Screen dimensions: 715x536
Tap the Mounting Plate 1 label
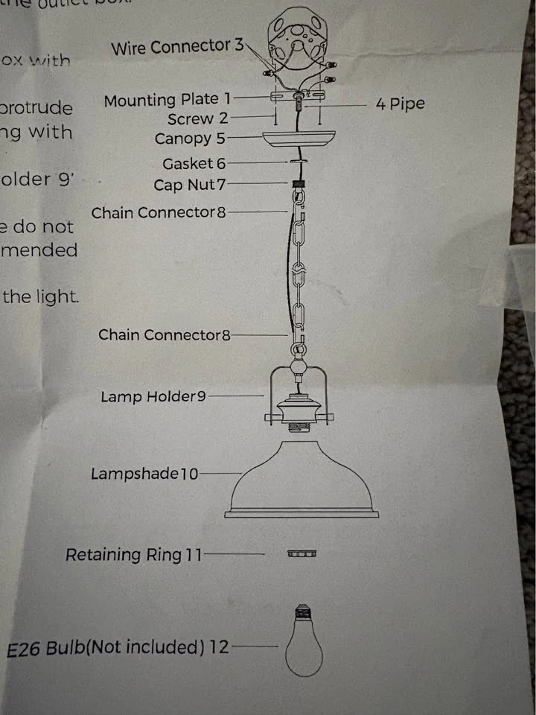[x=167, y=100]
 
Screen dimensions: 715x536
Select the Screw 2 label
[x=197, y=119]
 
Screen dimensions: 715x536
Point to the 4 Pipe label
[x=400, y=104]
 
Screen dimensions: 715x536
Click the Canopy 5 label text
[x=189, y=139]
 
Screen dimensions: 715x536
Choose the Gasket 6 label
[x=194, y=164]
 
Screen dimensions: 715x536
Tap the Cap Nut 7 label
[x=189, y=185]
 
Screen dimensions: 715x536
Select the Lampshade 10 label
[x=144, y=474]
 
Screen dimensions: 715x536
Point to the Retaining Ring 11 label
[x=133, y=555]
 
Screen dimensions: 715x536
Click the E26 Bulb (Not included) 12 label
[x=118, y=648]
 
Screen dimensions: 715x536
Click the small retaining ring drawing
[x=302, y=554]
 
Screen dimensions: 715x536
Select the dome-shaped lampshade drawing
[x=301, y=480]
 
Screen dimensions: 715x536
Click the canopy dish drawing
[x=298, y=138]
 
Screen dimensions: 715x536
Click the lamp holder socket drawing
[x=299, y=412]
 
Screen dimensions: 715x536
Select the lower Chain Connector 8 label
[x=165, y=335]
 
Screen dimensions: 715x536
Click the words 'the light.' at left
[x=41, y=296]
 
